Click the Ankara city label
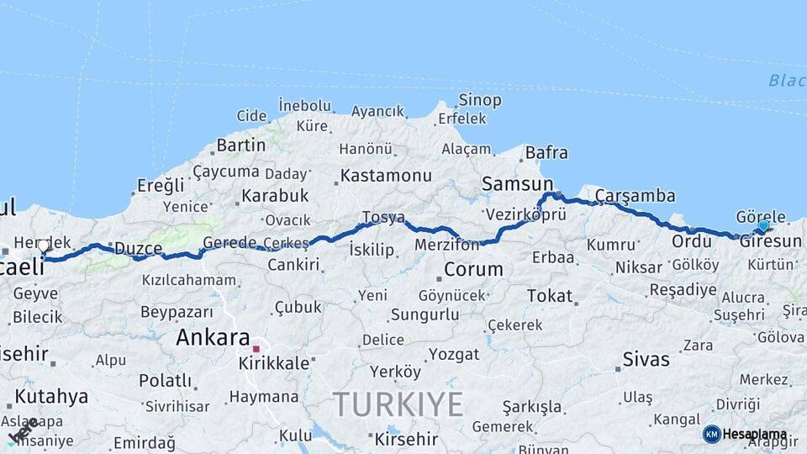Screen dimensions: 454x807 (213, 338)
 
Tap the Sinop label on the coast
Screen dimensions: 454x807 (480, 101)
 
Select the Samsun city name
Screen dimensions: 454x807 (517, 183)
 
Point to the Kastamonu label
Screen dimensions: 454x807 (386, 177)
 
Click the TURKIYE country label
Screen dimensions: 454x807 (398, 405)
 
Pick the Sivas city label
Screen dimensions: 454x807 (646, 360)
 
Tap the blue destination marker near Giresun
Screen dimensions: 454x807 (763, 225)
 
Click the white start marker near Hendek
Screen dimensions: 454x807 (43, 245)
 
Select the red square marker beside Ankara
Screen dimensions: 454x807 (257, 347)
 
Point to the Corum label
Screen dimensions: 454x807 (473, 270)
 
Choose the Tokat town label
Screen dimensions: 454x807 (550, 296)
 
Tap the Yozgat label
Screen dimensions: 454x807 (454, 354)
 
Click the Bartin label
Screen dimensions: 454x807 (240, 145)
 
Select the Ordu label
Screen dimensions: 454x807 (691, 241)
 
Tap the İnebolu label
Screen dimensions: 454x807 (304, 105)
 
